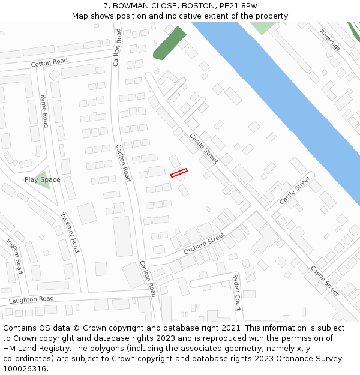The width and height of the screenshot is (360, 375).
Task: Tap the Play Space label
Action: tap(42, 180)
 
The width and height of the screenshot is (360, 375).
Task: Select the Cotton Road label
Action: tap(49, 62)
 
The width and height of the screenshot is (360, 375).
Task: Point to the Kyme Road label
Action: tap(44, 110)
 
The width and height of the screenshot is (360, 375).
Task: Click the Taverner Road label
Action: tap(70, 232)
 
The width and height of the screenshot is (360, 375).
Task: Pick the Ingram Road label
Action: tap(14, 256)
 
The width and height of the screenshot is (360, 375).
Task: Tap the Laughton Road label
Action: tap(31, 299)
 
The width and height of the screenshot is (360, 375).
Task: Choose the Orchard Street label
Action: tap(204, 242)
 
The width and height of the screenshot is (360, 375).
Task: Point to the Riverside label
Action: tap(330, 40)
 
